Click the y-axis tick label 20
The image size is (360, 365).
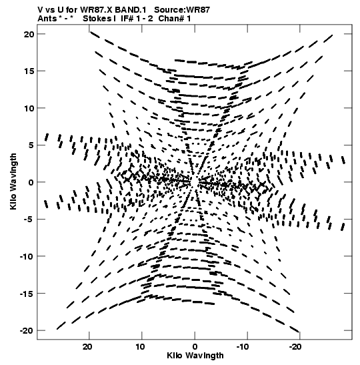29,34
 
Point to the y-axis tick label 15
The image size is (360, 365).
29,71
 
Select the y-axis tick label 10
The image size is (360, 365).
29,108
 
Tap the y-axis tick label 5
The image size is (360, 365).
31,145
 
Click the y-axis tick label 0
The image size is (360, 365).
31,182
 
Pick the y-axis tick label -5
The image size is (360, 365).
29,220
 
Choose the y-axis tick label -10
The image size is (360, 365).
27,256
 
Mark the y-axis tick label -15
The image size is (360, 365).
27,294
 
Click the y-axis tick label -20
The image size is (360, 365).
27,330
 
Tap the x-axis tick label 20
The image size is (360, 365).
87,347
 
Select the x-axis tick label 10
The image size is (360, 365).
140,347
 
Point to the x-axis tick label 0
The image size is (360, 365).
195,347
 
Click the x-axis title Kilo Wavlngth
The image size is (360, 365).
195,356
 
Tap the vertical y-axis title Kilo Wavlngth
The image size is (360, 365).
13,181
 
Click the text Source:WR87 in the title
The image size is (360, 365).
182,10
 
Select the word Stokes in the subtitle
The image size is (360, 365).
97,19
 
